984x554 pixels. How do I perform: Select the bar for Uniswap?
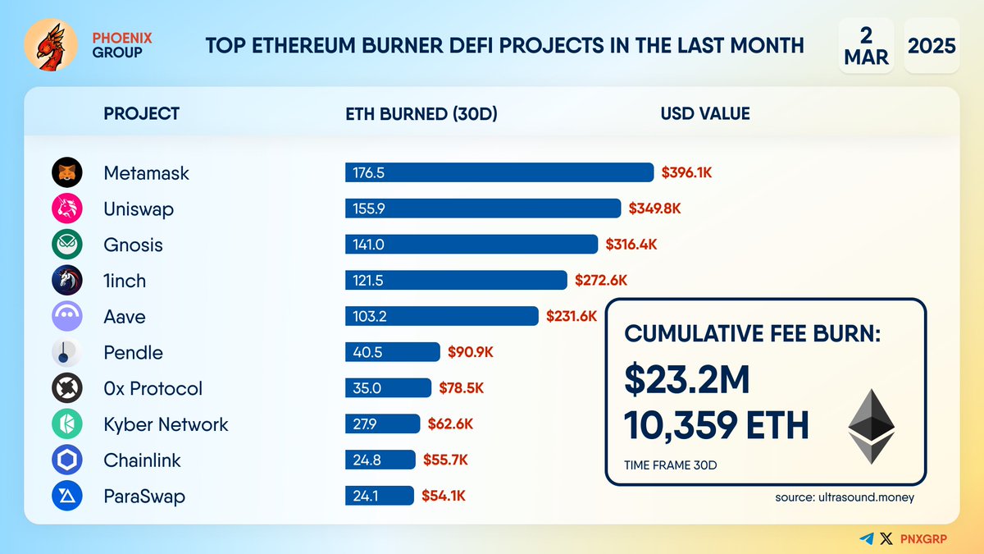(482, 208)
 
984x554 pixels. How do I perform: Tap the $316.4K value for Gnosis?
(631, 245)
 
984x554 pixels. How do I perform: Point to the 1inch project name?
(125, 281)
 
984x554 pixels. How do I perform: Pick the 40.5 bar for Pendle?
(393, 352)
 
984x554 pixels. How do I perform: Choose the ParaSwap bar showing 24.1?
(380, 496)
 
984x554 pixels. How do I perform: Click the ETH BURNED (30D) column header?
(421, 113)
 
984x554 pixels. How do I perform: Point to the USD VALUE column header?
(705, 113)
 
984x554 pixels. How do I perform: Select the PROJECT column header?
(141, 113)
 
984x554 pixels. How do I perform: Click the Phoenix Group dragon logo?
(52, 44)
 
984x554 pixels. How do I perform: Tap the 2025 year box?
(932, 45)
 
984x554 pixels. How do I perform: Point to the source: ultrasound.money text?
(845, 497)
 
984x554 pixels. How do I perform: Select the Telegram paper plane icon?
(867, 538)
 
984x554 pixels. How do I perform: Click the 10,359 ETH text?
(716, 425)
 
